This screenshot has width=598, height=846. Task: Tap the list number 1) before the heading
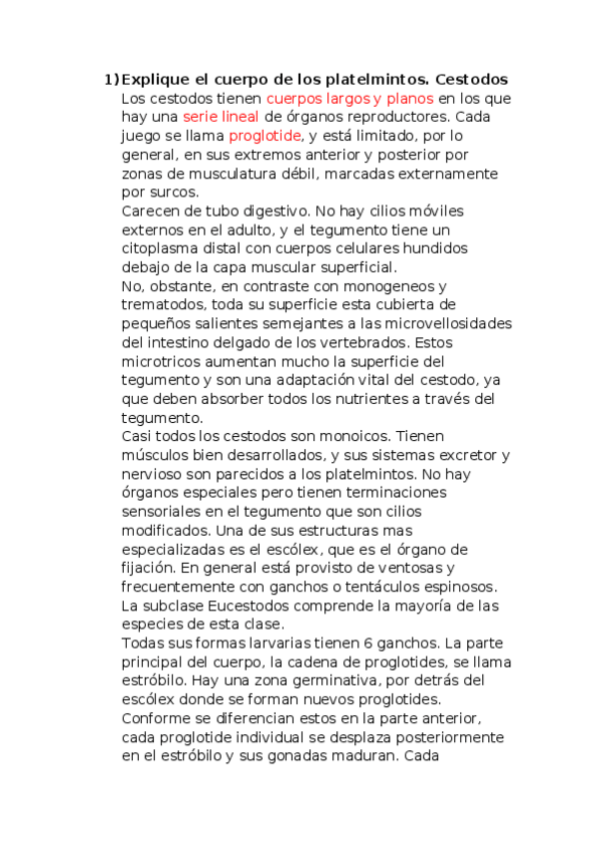coord(111,79)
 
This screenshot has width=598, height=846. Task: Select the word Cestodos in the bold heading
coord(473,79)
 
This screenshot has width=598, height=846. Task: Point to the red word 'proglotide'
coord(265,136)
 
